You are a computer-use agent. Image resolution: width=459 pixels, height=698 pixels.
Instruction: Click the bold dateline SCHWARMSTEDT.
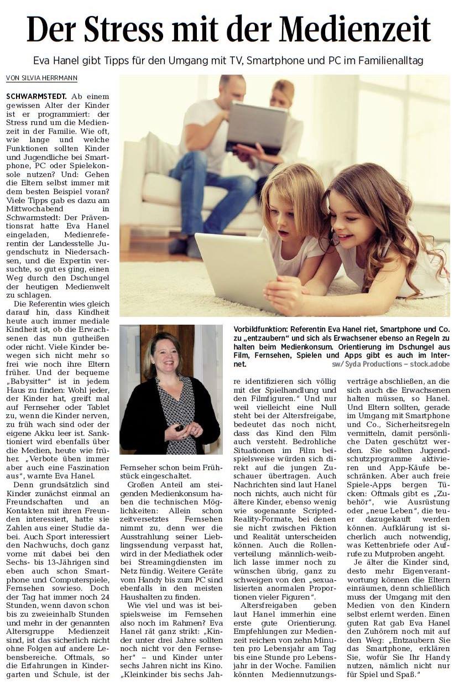36,96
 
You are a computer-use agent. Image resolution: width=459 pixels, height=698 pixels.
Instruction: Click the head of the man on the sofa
231,88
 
